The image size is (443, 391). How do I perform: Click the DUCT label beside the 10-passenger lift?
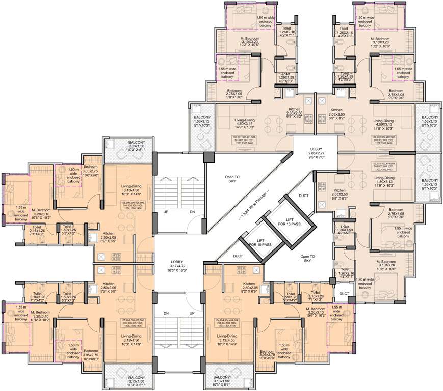click(x=238, y=256)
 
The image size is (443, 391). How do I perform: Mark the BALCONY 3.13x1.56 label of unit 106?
click(x=129, y=145)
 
